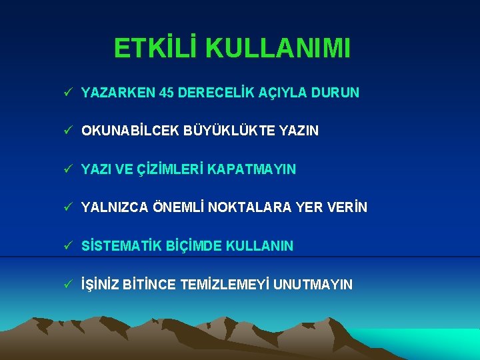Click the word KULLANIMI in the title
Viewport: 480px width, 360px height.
[278, 49]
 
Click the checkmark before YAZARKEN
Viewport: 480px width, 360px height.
[69, 93]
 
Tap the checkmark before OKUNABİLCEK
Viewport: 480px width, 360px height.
[69, 131]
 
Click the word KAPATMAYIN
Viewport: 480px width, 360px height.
[251, 170]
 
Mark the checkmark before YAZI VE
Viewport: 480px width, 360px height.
[69, 169]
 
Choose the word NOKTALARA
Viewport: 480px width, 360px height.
[249, 208]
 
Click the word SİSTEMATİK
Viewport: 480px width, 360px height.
[119, 246]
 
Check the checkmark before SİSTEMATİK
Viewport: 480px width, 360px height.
[69, 245]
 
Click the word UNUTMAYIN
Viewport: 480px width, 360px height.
[314, 285]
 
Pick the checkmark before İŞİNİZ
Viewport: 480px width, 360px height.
[69, 284]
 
